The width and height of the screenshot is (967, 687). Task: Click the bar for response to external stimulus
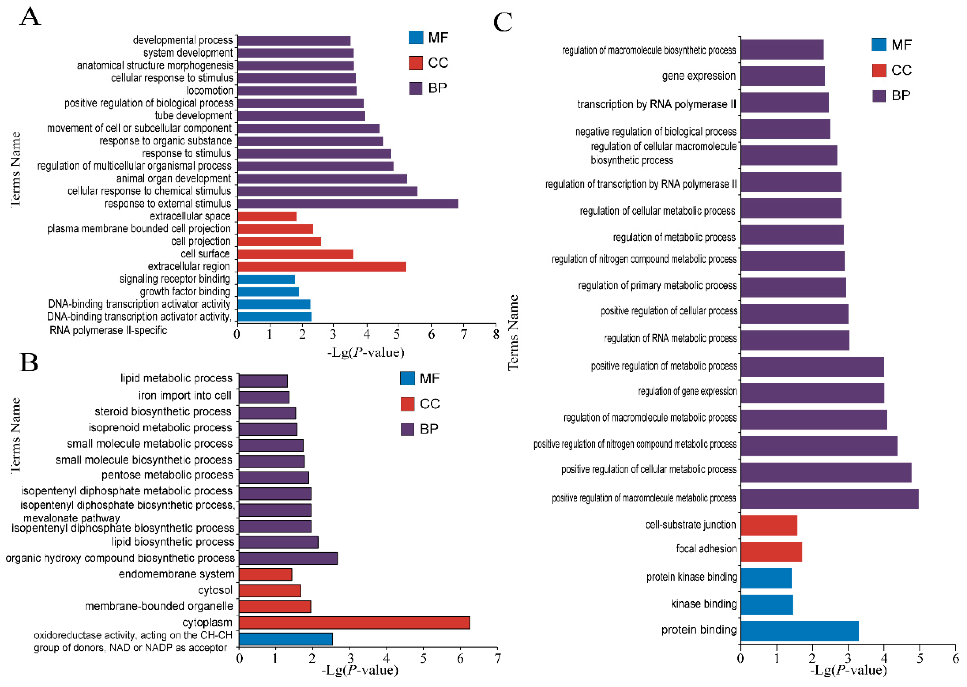tap(348, 203)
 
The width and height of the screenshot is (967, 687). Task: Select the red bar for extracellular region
tap(321, 266)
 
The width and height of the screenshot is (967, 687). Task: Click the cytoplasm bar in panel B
tap(354, 622)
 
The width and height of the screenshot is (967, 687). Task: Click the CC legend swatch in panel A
tap(415, 62)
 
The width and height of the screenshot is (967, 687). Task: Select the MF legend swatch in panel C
tap(879, 44)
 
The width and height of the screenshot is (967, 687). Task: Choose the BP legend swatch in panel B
tap(407, 429)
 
